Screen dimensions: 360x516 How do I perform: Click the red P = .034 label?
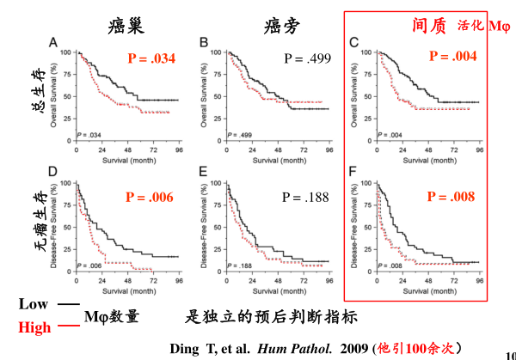point(151,58)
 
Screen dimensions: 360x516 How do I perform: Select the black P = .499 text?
point(307,58)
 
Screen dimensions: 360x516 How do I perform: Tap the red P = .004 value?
point(451,58)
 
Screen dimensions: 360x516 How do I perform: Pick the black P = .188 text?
point(305,197)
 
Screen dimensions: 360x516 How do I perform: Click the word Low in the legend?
point(34,304)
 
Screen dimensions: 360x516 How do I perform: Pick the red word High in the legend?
point(34,326)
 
